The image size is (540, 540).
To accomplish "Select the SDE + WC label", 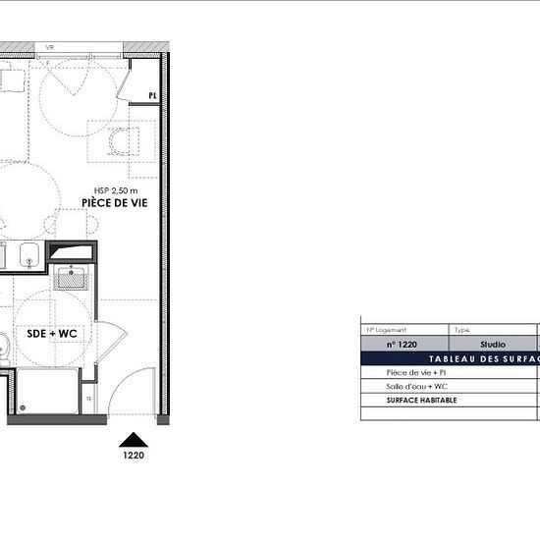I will (x=51, y=334).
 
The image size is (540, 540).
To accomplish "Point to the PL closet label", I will (x=152, y=95).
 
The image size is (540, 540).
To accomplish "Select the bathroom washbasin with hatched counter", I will (x=71, y=277).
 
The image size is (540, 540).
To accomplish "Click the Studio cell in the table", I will (x=493, y=345).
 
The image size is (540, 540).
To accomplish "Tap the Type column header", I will (x=461, y=331).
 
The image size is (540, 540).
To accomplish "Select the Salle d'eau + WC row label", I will (x=418, y=387).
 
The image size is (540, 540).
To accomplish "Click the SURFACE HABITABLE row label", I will (x=422, y=401).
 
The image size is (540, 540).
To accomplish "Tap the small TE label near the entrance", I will (x=87, y=399).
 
